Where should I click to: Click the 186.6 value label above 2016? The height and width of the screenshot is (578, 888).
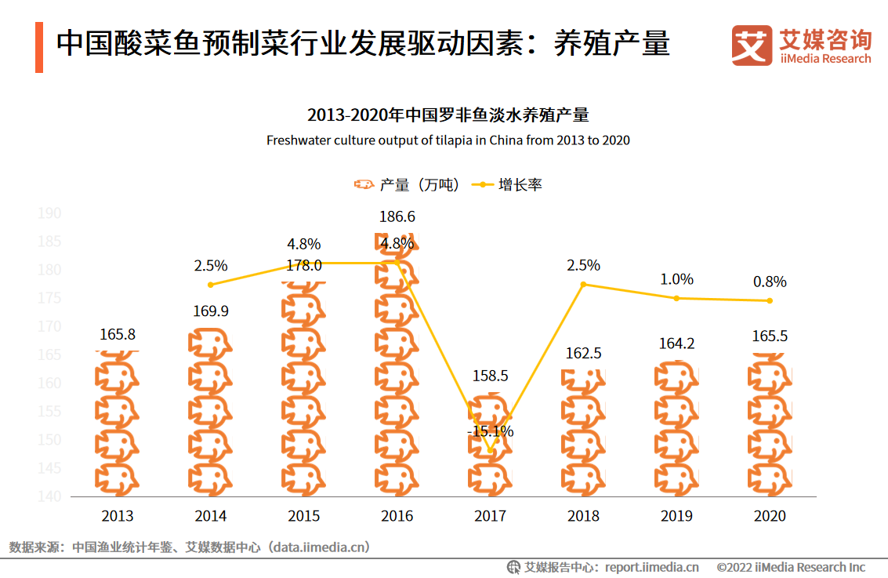click(397, 217)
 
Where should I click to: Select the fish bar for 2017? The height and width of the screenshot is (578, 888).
click(490, 447)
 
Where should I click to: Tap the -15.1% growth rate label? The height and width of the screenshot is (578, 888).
click(490, 431)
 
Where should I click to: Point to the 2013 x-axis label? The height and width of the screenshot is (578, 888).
click(118, 516)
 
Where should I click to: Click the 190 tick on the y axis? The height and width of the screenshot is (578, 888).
click(49, 213)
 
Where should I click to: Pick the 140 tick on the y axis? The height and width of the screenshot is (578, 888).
click(49, 496)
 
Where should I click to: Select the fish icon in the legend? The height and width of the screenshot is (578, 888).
click(363, 185)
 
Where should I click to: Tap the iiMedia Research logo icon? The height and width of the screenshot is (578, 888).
click(752, 45)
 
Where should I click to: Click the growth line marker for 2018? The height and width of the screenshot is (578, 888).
click(583, 284)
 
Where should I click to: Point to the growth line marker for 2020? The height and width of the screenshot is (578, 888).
click(770, 300)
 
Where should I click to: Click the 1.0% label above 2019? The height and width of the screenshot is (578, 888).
click(676, 279)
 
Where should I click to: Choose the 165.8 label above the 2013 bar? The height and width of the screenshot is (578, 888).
click(118, 335)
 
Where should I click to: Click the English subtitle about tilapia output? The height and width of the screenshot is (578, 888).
click(448, 141)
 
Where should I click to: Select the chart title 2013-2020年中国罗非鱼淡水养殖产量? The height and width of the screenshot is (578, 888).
click(448, 115)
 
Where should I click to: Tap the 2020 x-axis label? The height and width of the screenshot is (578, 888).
click(770, 516)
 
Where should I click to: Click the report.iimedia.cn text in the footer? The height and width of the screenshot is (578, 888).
click(652, 567)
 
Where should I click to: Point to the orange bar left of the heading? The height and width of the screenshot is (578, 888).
click(39, 48)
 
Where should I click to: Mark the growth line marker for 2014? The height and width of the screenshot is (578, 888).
click(211, 285)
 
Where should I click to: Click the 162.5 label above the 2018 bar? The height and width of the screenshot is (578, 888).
click(583, 354)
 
